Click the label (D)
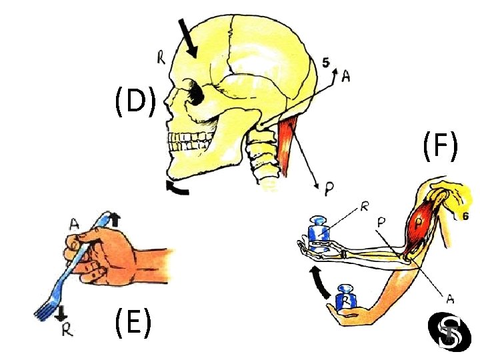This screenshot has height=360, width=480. coord(135,102)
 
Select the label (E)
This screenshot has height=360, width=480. coord(131,324)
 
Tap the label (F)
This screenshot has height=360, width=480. coord(439,147)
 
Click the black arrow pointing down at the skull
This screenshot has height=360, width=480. coord(189,37)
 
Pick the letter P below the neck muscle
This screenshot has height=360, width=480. coord(329,189)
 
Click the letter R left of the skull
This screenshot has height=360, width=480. coord(161,58)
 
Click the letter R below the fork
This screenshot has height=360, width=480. coord(66,329)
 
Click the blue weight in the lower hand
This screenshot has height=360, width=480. coord(347,297)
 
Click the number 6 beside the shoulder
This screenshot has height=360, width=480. coord(465,215)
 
